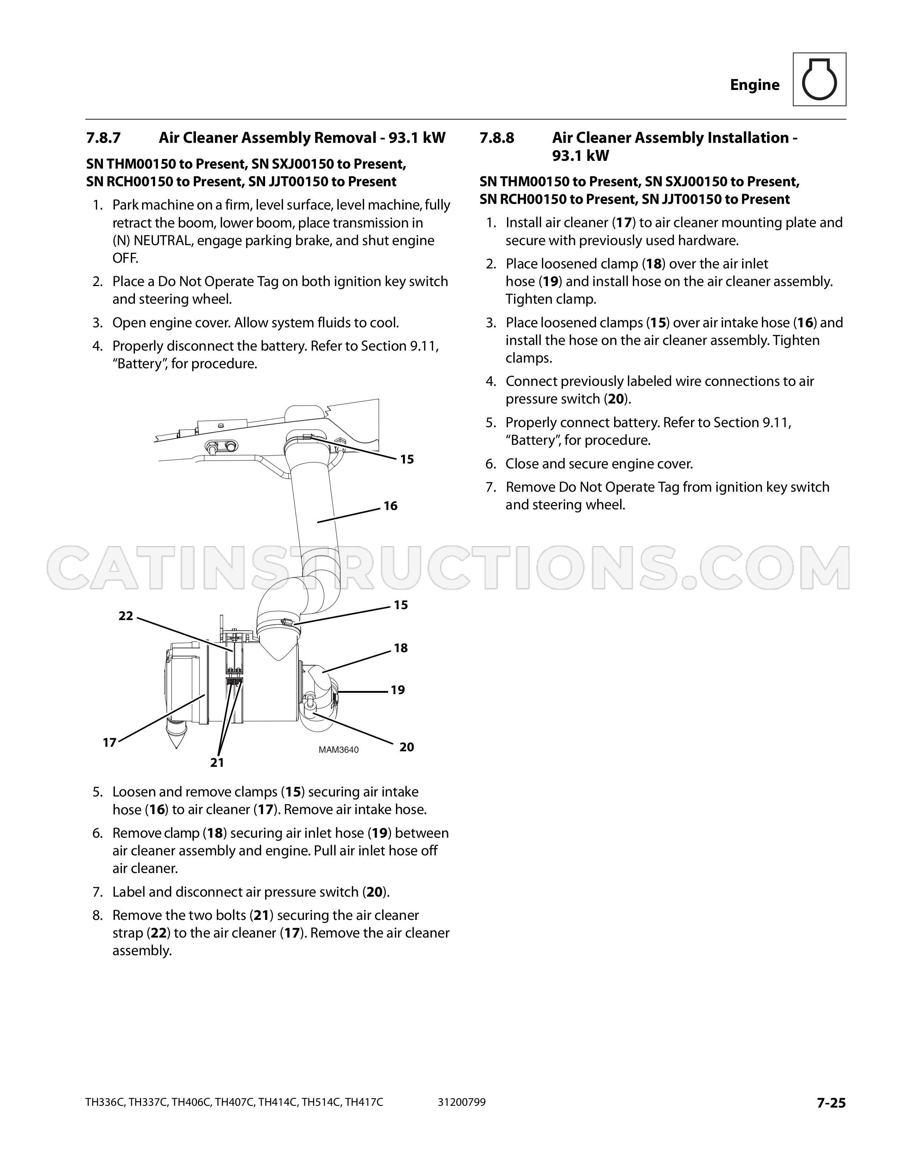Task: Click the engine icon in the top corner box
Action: (819, 79)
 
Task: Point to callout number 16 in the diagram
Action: (390, 506)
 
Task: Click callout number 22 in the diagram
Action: (126, 616)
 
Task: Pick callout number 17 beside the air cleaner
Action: (110, 743)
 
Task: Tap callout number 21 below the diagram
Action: (217, 763)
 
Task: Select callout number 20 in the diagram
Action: (406, 747)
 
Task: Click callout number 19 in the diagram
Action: (398, 690)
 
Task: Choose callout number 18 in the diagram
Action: (400, 648)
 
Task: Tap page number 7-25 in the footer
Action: (831, 1103)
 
